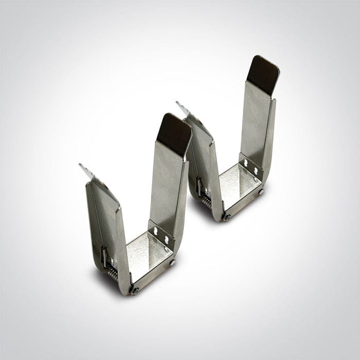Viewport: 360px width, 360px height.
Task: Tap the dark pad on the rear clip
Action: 263,75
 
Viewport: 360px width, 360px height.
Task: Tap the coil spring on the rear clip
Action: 206,201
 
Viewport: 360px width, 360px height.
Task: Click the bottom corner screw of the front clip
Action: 135,290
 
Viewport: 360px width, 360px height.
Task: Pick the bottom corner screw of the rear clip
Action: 227,217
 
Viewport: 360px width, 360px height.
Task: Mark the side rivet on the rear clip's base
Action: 261,192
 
